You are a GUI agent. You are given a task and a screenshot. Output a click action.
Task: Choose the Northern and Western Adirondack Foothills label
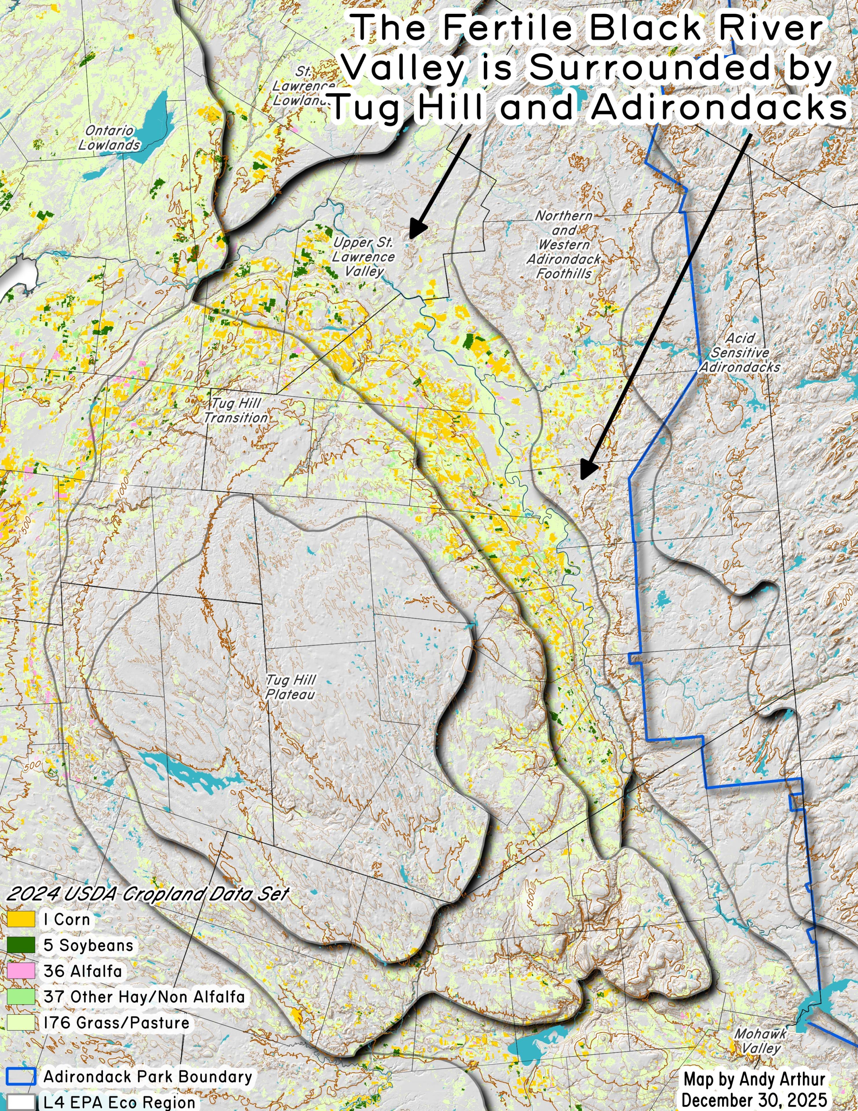click(x=564, y=245)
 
